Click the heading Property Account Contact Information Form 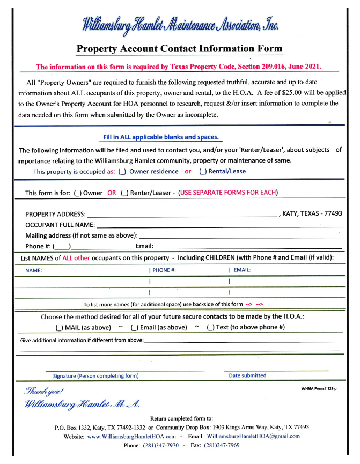click(179, 48)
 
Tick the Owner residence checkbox click(122, 172)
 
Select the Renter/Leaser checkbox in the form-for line click(124, 193)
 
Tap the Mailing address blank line click(241, 235)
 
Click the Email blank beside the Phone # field click(248, 246)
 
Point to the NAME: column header click(34, 270)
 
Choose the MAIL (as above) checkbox click(59, 327)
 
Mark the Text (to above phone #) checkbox click(210, 327)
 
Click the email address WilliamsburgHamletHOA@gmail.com click(253, 437)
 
